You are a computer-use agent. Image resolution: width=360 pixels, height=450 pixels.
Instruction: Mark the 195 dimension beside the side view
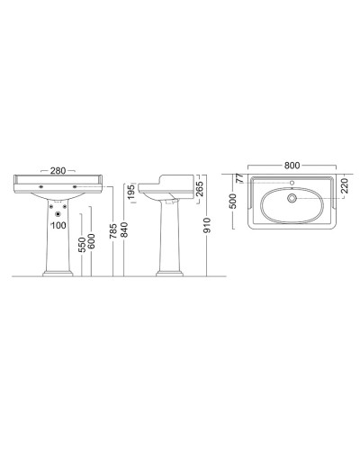[x=131, y=193]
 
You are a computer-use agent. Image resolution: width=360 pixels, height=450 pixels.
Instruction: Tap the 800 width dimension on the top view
[x=292, y=166]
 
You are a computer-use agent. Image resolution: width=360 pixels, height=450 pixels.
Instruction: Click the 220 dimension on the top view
[x=343, y=190]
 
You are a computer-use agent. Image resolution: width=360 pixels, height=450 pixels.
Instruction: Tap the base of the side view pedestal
[x=171, y=271]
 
